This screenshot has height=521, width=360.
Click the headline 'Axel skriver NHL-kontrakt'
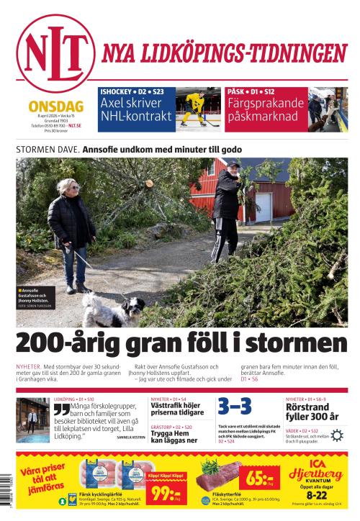click(x=136, y=109)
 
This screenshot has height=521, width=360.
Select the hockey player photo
click(x=197, y=110)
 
